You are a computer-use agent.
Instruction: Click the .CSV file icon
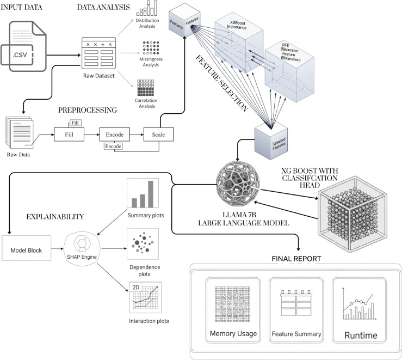coord(23,46)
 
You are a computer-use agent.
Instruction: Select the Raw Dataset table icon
coord(98,53)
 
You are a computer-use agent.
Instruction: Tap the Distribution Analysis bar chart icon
coord(147,8)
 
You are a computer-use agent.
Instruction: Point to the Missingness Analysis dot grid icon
coord(151,48)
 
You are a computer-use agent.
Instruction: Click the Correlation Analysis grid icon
coord(146,88)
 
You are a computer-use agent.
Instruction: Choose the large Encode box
coord(115,135)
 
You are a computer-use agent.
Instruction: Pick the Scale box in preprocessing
coord(158,135)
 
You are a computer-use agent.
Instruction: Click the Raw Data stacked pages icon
coord(19,132)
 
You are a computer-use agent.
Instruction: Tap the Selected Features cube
coord(271,141)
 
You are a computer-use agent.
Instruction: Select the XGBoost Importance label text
coord(237,25)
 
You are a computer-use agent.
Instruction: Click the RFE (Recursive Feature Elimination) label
coord(290,52)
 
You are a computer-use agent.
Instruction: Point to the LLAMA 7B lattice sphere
coord(237,184)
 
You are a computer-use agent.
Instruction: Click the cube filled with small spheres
coord(352,214)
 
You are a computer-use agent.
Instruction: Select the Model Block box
coord(27,248)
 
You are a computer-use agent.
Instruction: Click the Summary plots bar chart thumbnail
coord(143,193)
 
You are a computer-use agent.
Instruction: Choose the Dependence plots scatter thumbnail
coord(143,244)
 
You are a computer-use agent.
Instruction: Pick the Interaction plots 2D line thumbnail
coord(145,297)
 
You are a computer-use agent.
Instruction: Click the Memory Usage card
coord(233,310)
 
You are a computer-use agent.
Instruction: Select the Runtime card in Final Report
coord(360,310)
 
